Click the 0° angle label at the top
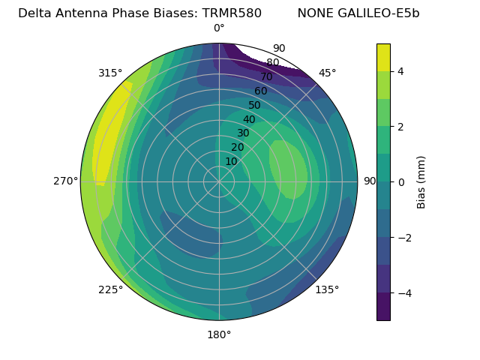(219, 28)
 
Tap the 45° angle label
(327, 73)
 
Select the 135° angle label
(327, 289)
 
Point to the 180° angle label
(219, 334)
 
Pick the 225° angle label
(110, 289)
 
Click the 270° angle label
(66, 181)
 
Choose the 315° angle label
(110, 73)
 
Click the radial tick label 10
(231, 161)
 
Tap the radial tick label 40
(249, 119)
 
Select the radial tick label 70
(267, 76)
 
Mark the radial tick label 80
(273, 63)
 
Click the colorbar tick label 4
(401, 71)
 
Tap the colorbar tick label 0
(401, 182)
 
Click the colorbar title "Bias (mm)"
(421, 182)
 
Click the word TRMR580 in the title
(232, 13)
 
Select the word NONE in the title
(314, 13)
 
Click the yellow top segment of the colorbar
(383, 57)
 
